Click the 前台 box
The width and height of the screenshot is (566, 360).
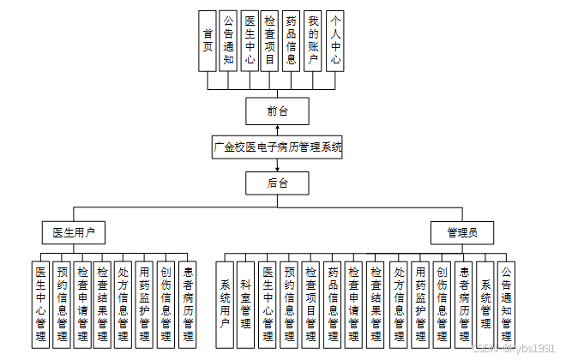coord(277,111)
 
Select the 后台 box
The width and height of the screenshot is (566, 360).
coord(277,183)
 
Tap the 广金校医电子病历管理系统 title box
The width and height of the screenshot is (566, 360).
coord(277,147)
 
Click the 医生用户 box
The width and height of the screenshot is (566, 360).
coord(74,232)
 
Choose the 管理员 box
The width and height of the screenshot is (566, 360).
coord(462,232)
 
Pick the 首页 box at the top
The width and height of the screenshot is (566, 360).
coord(208,39)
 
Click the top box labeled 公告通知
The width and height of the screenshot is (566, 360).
coord(228,39)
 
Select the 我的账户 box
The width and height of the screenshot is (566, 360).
coord(314,39)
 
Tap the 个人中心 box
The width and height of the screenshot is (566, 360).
coord(335,39)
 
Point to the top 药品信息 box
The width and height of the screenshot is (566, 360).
coord(292,39)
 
